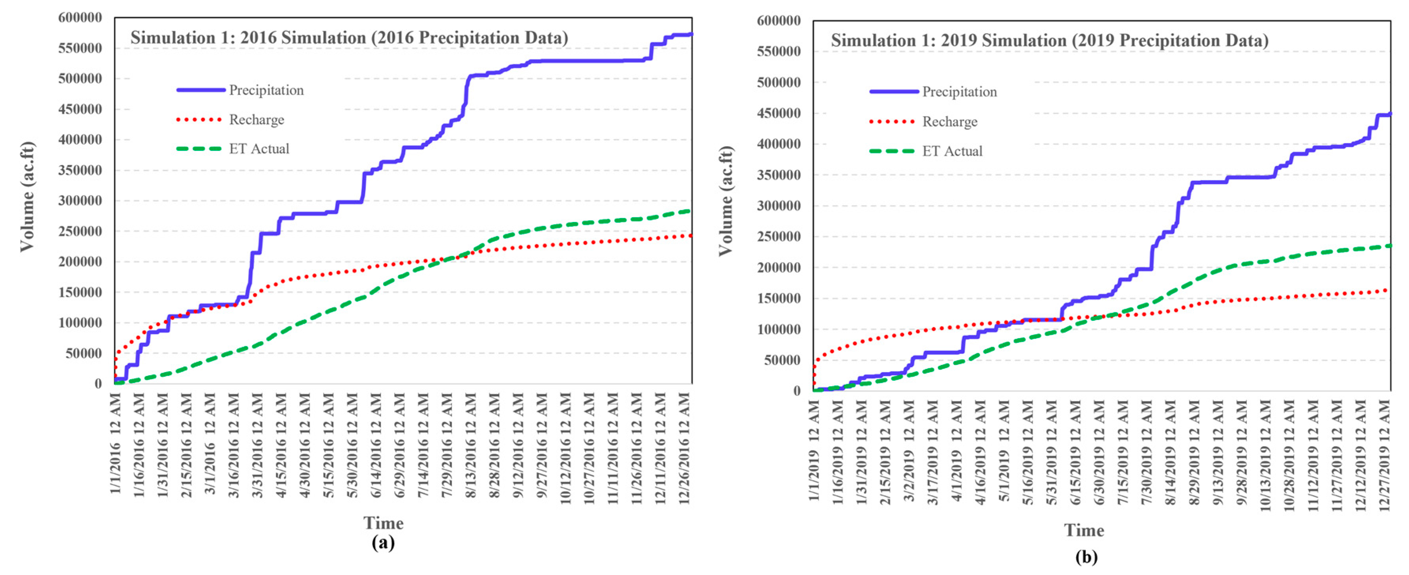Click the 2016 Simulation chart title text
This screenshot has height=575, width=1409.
click(x=349, y=38)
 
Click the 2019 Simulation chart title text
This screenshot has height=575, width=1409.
click(x=1049, y=41)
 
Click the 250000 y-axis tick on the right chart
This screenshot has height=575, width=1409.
click(x=778, y=237)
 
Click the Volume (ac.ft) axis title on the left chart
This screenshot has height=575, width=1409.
click(x=27, y=197)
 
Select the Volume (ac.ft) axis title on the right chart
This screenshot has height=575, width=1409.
click(x=726, y=201)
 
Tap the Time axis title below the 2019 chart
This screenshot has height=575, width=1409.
click(x=1083, y=530)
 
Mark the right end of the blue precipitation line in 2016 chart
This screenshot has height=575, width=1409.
click(x=691, y=34)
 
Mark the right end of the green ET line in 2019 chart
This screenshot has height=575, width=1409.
click(x=1389, y=246)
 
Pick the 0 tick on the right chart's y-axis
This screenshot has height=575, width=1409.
click(x=796, y=391)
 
